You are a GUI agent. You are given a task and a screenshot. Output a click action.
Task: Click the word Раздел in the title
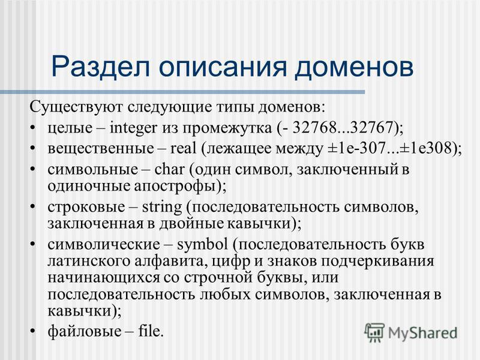tap(101, 67)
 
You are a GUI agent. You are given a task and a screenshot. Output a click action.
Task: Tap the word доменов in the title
tap(354, 67)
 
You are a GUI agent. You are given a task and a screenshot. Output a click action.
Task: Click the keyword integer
tap(133, 128)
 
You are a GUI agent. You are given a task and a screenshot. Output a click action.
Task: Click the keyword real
tap(183, 148)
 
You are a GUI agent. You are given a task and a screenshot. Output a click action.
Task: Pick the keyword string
tap(162, 208)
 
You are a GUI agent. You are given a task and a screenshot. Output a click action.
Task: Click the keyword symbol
tap(202, 245)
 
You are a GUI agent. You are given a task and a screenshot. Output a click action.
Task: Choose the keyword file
tap(149, 331)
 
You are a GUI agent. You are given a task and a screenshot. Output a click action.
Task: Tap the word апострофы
tap(174, 187)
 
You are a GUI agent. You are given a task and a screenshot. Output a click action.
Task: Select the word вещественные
tap(101, 149)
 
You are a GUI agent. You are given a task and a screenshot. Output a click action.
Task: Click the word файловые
tap(84, 332)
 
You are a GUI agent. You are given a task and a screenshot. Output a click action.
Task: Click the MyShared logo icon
tap(374, 332)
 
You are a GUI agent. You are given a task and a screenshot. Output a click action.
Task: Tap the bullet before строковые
tap(34, 207)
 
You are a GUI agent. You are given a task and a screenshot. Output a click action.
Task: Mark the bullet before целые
tap(34, 127)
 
